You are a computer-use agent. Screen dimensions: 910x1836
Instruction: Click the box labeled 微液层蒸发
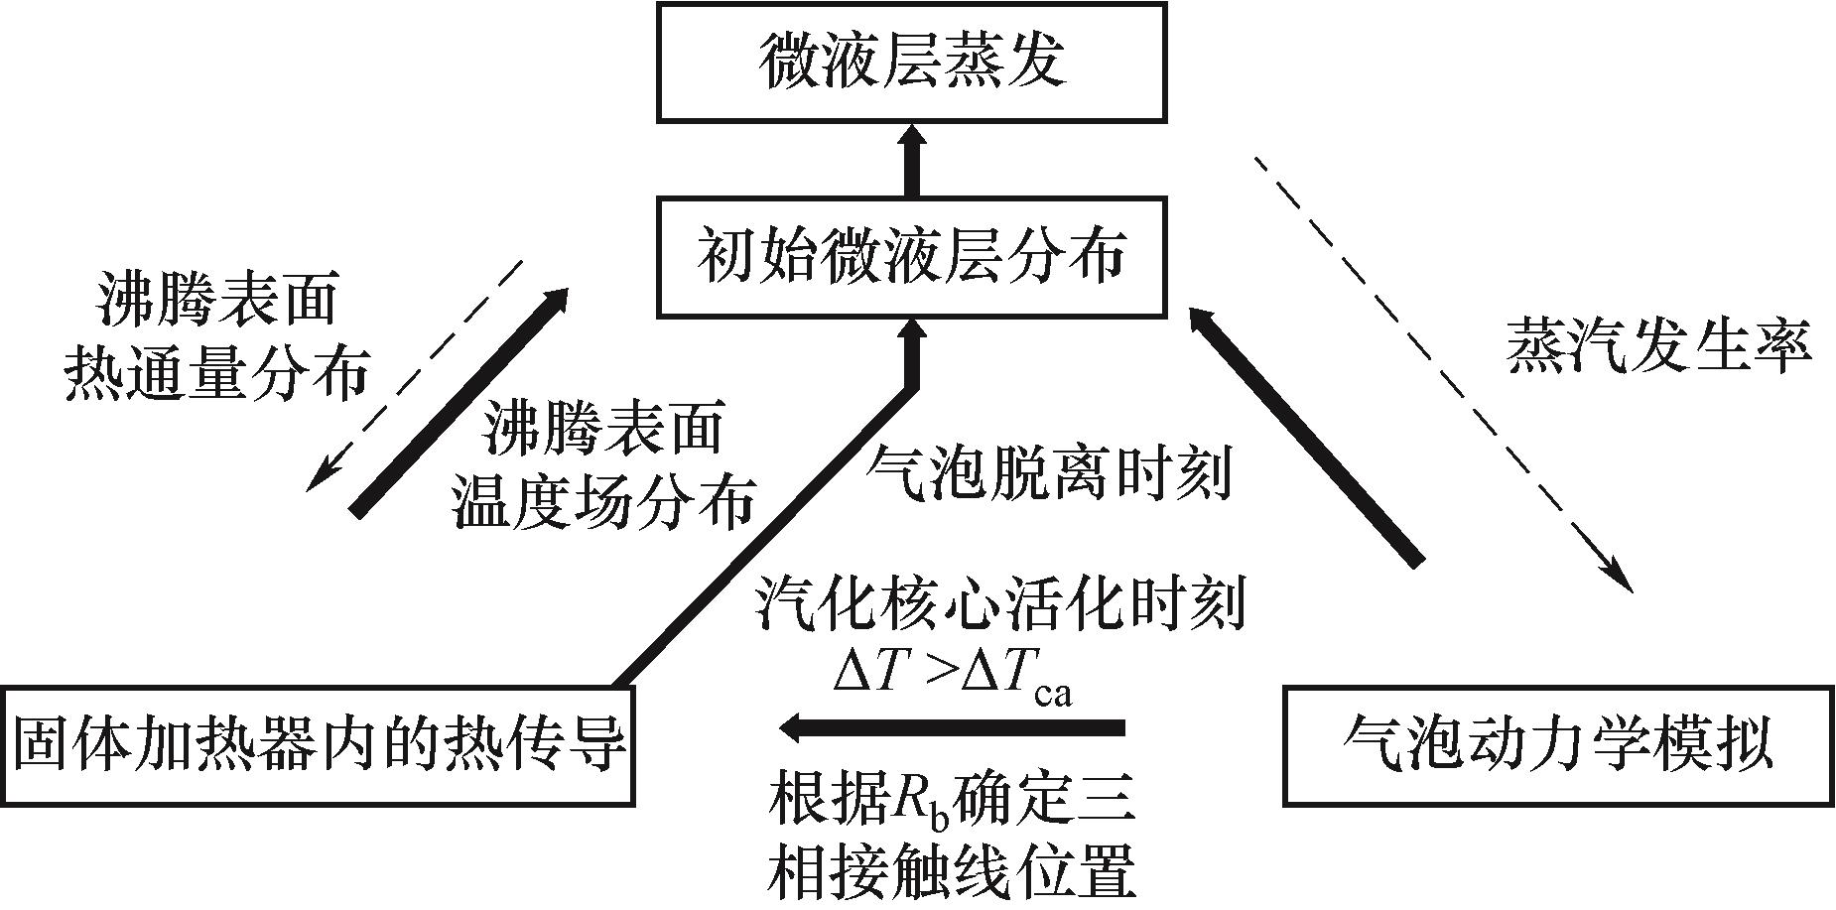coord(911,62)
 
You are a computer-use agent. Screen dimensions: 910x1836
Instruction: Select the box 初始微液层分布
coord(911,258)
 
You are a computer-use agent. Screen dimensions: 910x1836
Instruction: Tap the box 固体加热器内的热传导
coord(318,744)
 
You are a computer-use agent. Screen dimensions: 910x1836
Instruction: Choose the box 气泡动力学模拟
coord(1558,744)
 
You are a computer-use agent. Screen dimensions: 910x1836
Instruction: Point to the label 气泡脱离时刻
coord(1049,472)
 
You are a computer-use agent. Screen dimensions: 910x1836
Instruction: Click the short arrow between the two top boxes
coord(911,161)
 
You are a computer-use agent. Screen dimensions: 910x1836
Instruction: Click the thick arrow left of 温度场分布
coord(459,402)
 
